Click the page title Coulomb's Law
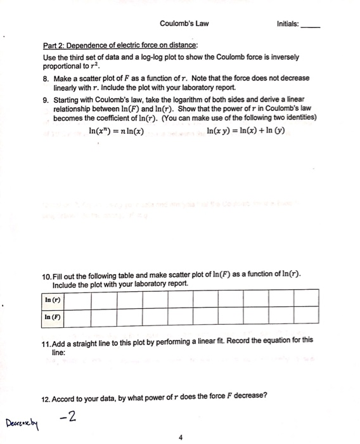click(184, 25)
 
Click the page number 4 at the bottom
click(181, 436)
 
